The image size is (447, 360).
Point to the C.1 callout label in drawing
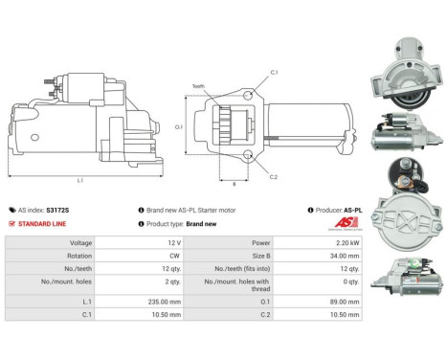[274, 73]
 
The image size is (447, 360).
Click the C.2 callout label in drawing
[274, 177]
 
